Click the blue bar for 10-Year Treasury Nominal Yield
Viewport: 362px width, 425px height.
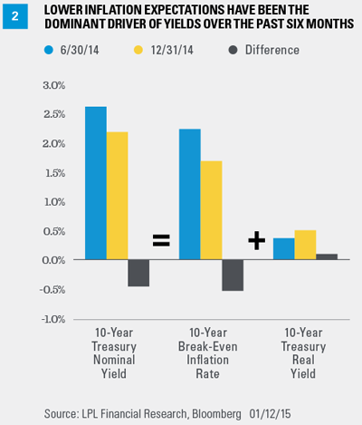[96, 183]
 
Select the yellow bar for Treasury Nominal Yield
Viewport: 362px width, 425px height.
[117, 196]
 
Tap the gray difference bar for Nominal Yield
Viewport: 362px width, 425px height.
[138, 273]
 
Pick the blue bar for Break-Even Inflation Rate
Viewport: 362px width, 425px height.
[190, 194]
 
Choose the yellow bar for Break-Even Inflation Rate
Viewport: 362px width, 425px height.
[211, 210]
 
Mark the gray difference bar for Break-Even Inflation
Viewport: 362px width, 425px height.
[233, 275]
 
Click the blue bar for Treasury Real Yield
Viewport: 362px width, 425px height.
[284, 248]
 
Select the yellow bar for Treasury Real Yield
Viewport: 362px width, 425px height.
[305, 245]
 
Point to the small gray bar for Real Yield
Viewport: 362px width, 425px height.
[327, 256]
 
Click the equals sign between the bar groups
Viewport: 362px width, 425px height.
[161, 240]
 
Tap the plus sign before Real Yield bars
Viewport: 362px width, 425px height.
[257, 241]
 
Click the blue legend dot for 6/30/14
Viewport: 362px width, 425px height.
[49, 50]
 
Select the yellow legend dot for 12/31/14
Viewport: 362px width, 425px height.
[138, 50]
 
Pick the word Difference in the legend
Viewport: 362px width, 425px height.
[272, 50]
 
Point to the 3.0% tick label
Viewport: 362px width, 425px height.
[54, 85]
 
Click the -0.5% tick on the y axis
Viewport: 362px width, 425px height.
[52, 290]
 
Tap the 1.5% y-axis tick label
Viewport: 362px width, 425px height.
[55, 173]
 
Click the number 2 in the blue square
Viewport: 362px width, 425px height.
[15, 16]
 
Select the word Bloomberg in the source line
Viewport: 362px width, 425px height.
[216, 414]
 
